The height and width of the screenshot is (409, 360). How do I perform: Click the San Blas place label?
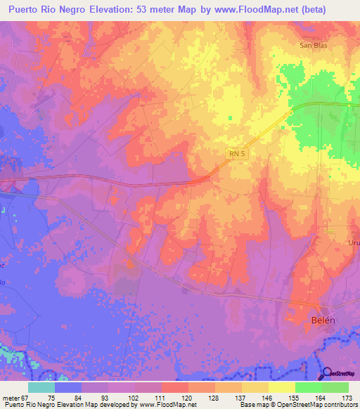pyautogui.click(x=314, y=45)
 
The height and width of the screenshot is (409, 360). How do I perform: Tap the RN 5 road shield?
pyautogui.click(x=237, y=152)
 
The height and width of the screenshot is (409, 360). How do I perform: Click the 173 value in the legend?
pyautogui.click(x=346, y=397)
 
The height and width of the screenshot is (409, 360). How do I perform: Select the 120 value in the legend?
pyautogui.click(x=174, y=397)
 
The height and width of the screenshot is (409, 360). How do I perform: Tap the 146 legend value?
pyautogui.click(x=266, y=397)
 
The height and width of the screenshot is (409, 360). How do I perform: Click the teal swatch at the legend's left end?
pyautogui.click(x=41, y=387)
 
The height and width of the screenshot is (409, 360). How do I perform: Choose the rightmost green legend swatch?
pyautogui.click(x=335, y=387)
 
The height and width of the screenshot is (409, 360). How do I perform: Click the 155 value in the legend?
pyautogui.click(x=289, y=397)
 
